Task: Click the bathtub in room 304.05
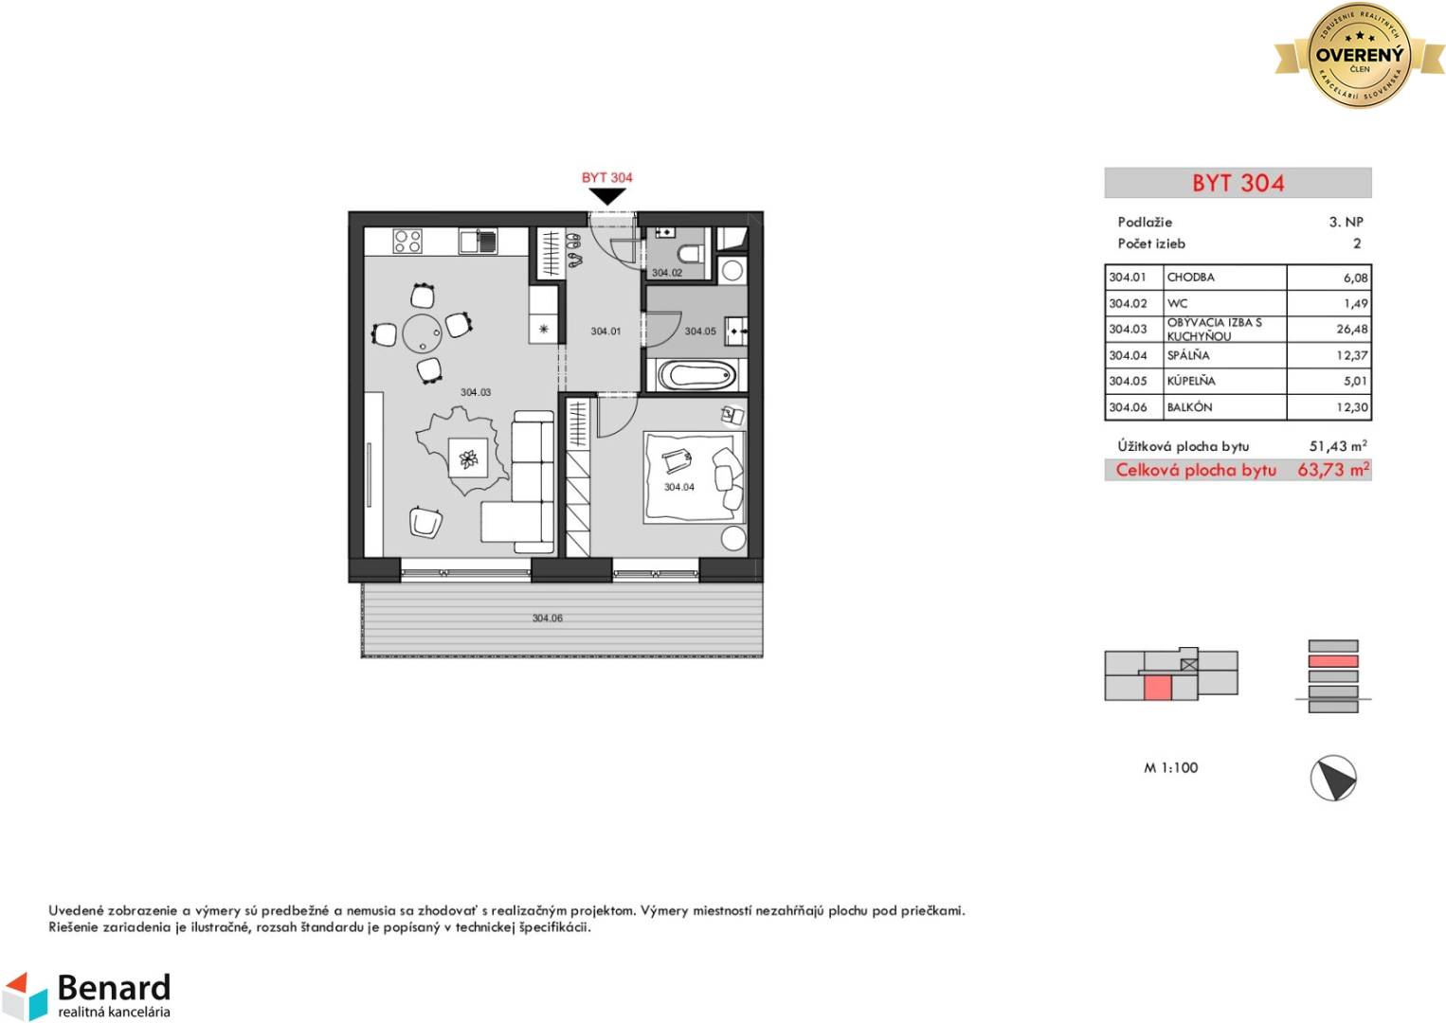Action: (x=696, y=375)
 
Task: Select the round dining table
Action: (x=423, y=333)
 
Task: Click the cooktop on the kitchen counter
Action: (x=408, y=242)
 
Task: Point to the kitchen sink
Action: (x=478, y=242)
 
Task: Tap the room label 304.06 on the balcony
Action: (x=548, y=618)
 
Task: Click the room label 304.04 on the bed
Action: (x=679, y=487)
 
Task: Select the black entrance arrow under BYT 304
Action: (x=606, y=196)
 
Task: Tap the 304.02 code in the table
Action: (x=1127, y=303)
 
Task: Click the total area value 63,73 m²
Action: (x=1333, y=470)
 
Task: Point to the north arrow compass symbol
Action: (x=1333, y=778)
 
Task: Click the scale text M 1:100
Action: (x=1170, y=767)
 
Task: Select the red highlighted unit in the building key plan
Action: (x=1157, y=688)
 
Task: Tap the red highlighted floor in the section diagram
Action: (x=1333, y=661)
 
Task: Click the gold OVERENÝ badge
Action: (x=1360, y=56)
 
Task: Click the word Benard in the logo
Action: (x=115, y=988)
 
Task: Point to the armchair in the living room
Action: (x=425, y=522)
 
